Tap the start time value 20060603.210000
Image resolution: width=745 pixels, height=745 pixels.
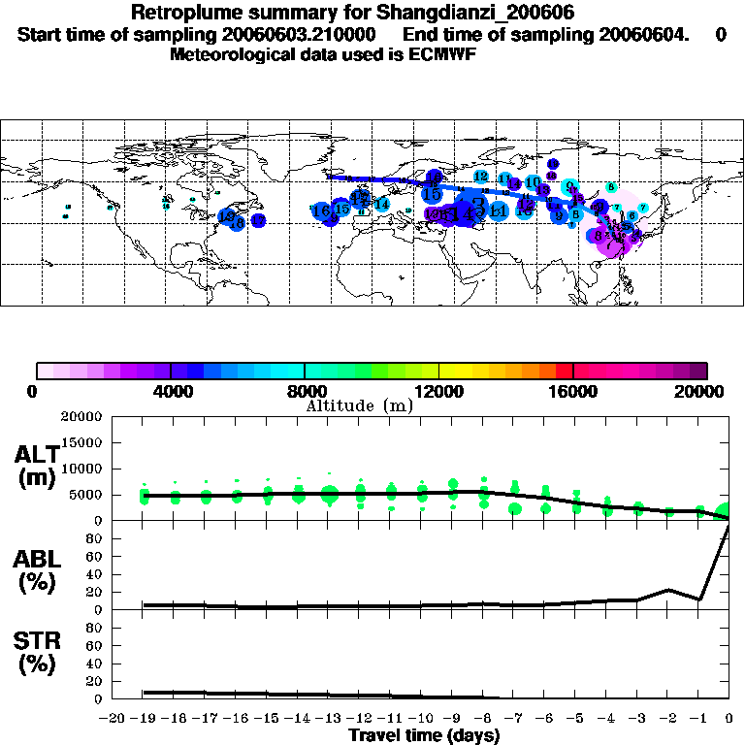pos(300,34)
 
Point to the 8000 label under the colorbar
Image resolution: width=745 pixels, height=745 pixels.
pos(304,391)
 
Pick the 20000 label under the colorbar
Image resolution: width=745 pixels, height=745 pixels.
pos(703,391)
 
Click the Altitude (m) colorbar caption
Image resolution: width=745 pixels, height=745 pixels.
pos(359,405)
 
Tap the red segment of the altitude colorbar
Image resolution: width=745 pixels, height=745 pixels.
pos(564,371)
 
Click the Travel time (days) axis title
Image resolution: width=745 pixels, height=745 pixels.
pos(424,735)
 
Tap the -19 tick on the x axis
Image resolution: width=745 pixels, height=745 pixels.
pos(143,718)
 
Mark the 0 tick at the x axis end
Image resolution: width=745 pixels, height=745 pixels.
pos(729,718)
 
